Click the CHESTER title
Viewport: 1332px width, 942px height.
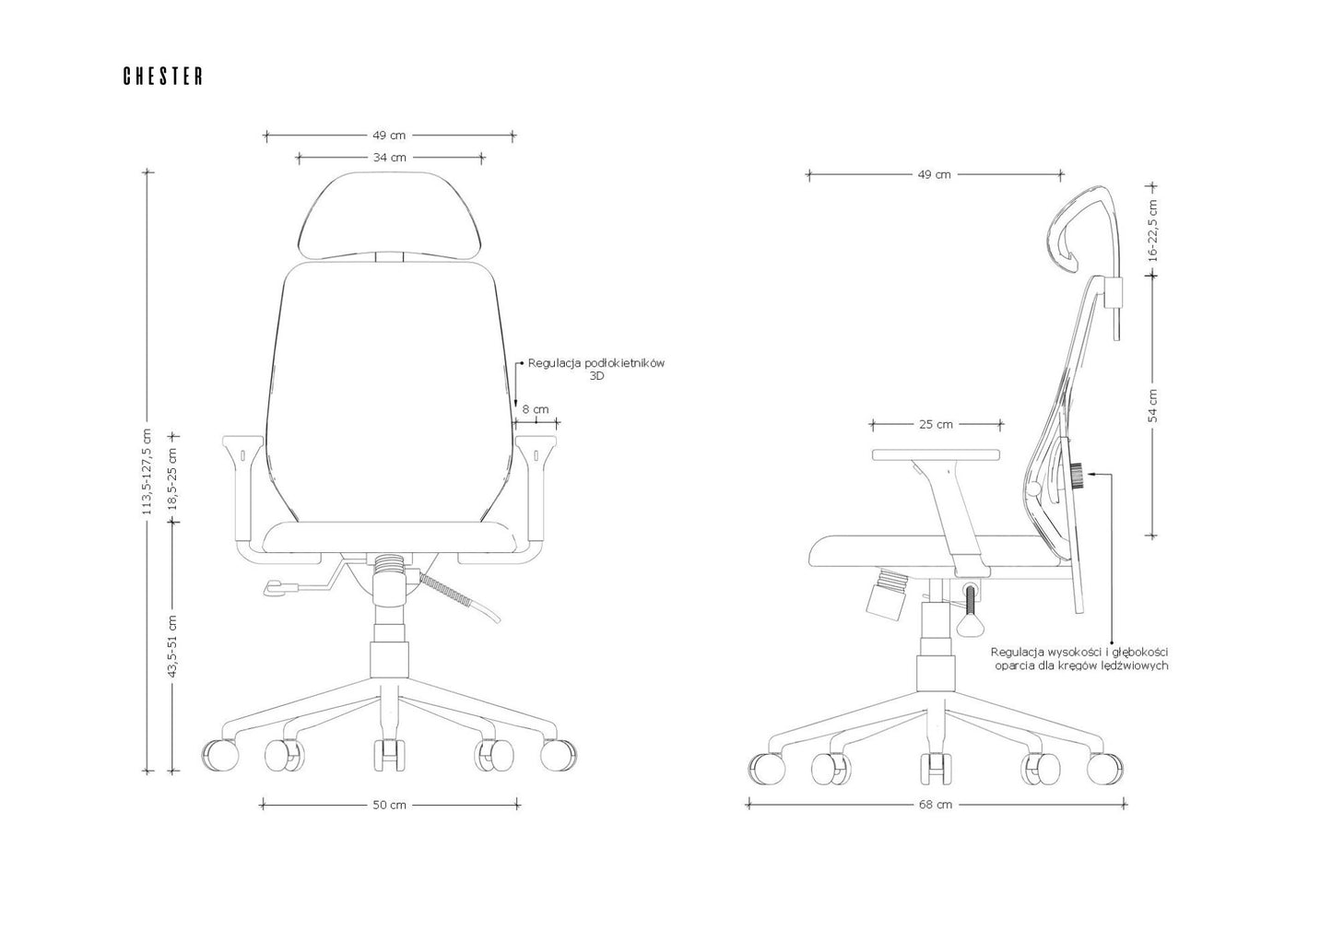(x=163, y=77)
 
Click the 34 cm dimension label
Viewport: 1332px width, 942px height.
(x=390, y=158)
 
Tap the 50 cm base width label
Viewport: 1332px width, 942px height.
(x=390, y=805)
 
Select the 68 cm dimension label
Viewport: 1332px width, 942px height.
(x=936, y=804)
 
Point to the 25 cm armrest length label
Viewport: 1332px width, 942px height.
(x=936, y=424)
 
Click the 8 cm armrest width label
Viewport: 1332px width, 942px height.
(x=536, y=409)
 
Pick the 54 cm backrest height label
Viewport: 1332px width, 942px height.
(x=1153, y=406)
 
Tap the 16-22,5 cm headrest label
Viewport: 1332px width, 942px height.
(x=1153, y=230)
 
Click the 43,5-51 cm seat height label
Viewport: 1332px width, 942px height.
(x=172, y=646)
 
